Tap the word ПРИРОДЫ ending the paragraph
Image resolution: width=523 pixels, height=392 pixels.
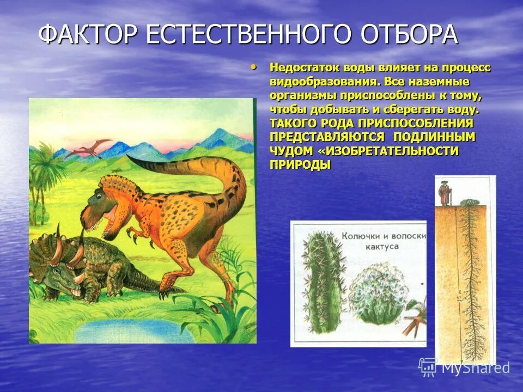(300, 164)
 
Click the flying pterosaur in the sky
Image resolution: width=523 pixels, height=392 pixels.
(92, 146)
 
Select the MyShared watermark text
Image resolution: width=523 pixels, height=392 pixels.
(475, 368)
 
